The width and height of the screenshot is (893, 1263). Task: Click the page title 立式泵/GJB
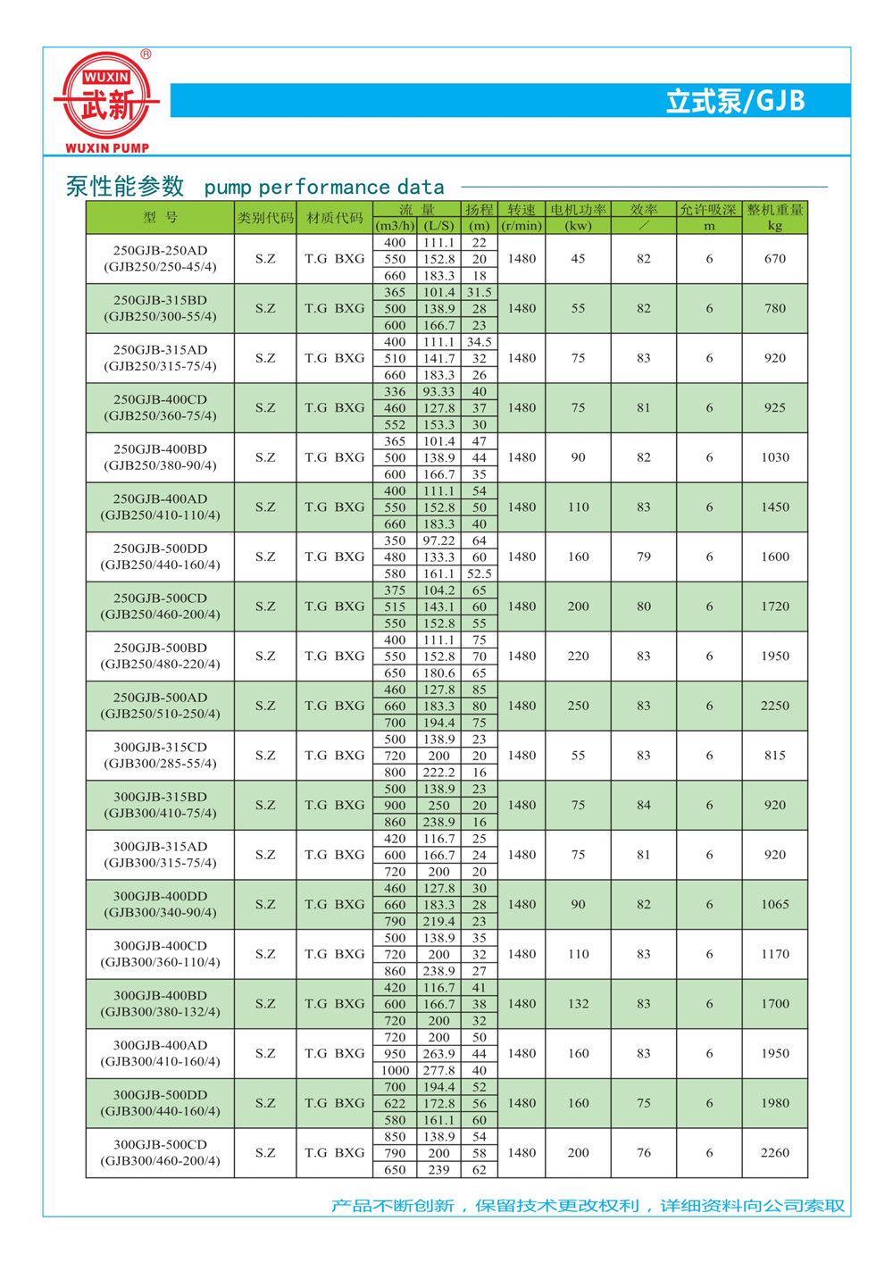tap(735, 101)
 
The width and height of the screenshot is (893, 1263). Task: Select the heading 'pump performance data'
tap(324, 188)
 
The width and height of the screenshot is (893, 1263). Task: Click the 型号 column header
tap(161, 218)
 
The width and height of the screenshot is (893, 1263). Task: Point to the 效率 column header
tap(644, 210)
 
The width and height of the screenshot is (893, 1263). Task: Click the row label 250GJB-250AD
tap(161, 251)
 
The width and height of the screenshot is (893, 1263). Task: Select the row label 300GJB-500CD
tap(161, 1144)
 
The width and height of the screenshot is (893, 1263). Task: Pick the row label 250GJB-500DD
tap(161, 548)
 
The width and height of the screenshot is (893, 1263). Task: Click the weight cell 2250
tap(775, 706)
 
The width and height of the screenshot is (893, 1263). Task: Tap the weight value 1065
tap(775, 904)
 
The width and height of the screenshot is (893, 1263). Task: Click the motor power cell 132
tap(579, 1004)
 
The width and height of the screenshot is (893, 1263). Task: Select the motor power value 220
tap(579, 656)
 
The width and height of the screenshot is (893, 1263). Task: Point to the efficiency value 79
tap(644, 556)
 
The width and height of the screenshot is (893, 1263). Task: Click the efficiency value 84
tap(644, 805)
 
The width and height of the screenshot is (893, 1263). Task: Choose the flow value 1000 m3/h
tap(395, 1070)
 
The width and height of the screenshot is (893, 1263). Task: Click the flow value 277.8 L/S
tap(438, 1070)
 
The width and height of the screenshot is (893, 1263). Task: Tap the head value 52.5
tap(480, 573)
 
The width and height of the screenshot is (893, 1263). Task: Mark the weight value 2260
tap(775, 1152)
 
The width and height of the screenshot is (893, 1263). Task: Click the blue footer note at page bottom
tap(588, 1206)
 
